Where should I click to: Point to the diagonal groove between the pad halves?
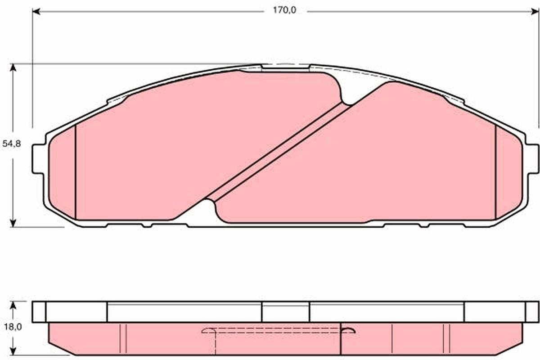(x=278, y=151)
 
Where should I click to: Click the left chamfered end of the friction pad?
(x=62, y=171)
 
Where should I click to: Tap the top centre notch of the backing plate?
(x=285, y=67)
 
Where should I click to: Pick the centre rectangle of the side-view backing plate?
(x=285, y=312)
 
